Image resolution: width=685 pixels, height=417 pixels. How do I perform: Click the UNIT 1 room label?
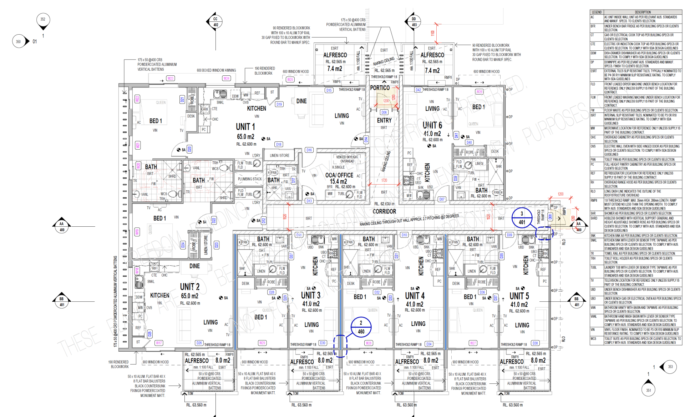[x=245, y=127]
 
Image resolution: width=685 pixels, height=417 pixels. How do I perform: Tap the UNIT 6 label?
[x=432, y=125]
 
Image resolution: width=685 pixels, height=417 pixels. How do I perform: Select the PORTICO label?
[x=380, y=88]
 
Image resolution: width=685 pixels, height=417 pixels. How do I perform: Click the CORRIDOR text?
[x=384, y=211]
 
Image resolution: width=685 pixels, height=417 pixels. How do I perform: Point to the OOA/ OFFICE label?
[x=339, y=175]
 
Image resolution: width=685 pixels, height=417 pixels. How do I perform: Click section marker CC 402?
[x=215, y=22]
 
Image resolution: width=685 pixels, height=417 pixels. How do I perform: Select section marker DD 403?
[x=414, y=22]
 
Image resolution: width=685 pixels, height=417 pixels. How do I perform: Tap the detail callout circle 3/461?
[x=522, y=218]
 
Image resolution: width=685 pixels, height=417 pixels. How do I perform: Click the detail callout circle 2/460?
[x=361, y=327]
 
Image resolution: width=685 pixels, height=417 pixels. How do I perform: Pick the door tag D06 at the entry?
[x=384, y=112]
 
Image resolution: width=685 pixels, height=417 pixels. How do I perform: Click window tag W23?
[x=171, y=78]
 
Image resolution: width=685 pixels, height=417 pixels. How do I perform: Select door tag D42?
[x=418, y=90]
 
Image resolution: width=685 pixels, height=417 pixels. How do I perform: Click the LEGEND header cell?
[x=596, y=12]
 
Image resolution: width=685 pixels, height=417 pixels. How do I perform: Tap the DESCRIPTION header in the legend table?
[x=643, y=12]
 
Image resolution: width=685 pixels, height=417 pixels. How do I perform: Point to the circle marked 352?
[x=43, y=19]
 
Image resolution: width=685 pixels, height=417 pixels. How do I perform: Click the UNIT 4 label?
[x=415, y=296]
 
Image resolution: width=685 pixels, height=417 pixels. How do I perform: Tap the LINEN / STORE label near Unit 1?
[x=279, y=155]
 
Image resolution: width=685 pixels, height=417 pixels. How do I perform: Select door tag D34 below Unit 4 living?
[x=428, y=344]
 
